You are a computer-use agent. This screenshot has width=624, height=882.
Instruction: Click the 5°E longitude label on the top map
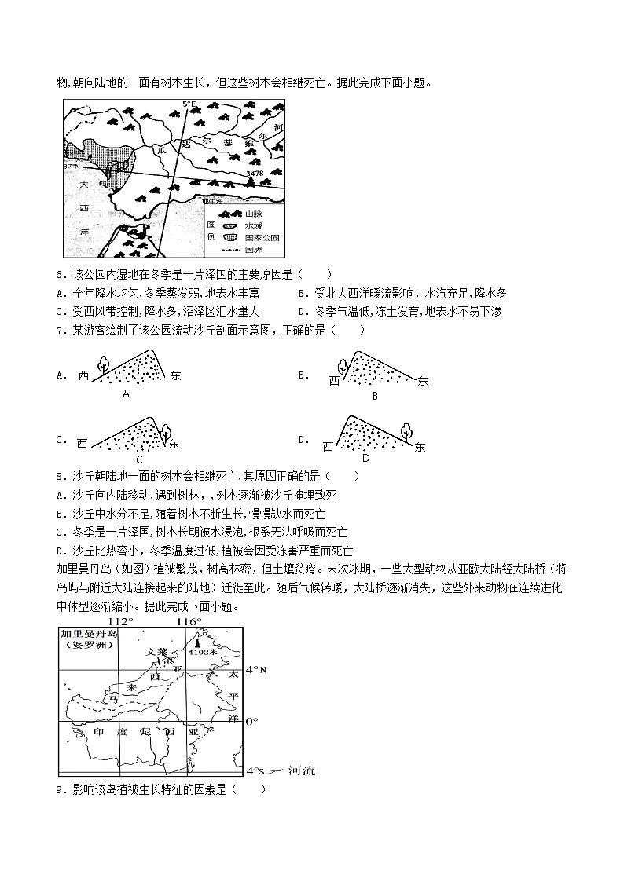(x=189, y=104)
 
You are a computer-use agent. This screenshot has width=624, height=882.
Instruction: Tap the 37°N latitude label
(x=72, y=167)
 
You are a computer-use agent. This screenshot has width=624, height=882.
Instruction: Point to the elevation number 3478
(x=254, y=173)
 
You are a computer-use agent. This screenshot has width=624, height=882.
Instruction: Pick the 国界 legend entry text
(x=253, y=250)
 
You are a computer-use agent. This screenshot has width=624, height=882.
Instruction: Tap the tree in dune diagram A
(x=102, y=364)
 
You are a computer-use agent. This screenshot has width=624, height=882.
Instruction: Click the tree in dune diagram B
(x=342, y=368)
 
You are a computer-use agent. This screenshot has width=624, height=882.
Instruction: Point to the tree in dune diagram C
(x=166, y=429)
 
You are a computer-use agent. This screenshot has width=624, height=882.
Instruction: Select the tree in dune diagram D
(x=406, y=430)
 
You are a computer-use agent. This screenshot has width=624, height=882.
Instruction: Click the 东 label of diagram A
(x=175, y=376)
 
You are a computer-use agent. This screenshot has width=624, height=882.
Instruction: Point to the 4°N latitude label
(x=257, y=670)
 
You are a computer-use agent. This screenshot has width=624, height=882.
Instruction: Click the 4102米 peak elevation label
(x=207, y=651)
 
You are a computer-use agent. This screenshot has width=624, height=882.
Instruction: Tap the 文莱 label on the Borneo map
(x=157, y=651)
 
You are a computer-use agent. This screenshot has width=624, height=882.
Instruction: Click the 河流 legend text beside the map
(x=302, y=770)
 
